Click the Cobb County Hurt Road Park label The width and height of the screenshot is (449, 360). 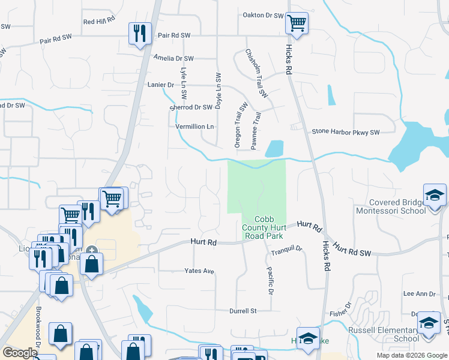264,228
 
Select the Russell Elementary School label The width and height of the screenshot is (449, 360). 384,334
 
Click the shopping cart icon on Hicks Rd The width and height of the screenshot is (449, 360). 297,24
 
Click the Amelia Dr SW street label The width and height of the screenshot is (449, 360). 173,58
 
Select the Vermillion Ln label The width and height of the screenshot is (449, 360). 194,127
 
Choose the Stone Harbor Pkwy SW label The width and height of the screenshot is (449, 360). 346,132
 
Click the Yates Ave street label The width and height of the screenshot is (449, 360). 199,271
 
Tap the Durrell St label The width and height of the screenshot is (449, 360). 243,311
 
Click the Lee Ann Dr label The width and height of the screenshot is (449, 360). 419,293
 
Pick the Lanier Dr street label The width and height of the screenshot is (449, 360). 160,85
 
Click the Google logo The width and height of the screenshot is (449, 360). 19,353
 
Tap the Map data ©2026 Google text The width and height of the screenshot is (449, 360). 411,355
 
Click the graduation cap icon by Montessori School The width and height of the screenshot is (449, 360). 435,196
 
